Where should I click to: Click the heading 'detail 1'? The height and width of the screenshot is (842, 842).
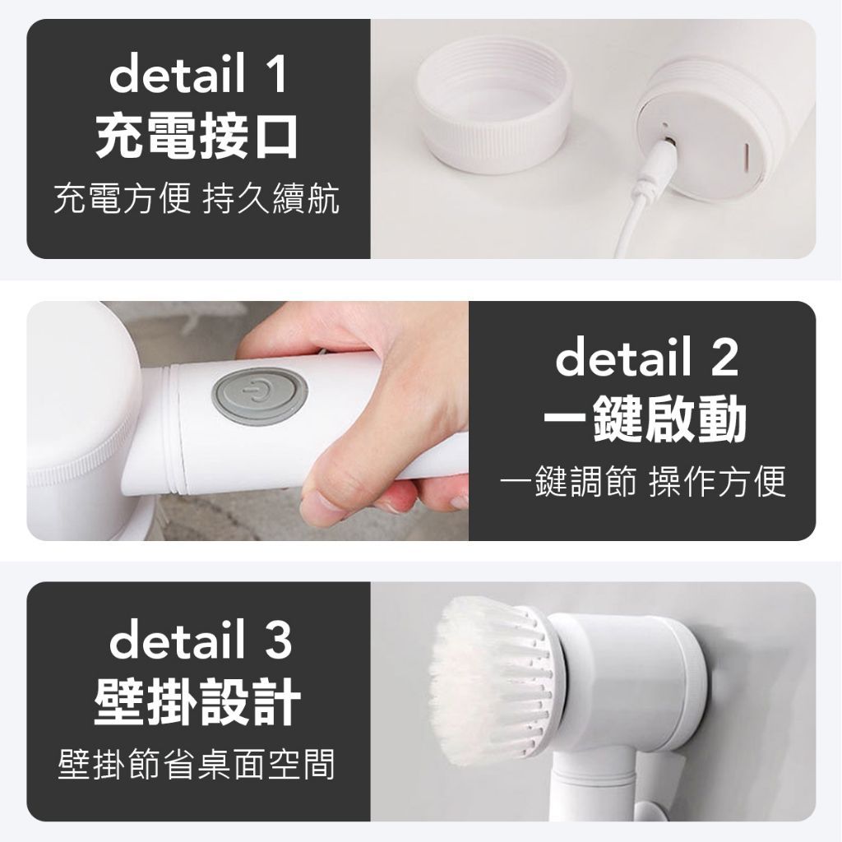[197, 73]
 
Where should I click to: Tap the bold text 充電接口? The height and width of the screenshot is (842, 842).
[197, 137]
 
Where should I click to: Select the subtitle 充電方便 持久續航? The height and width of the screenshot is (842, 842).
[197, 199]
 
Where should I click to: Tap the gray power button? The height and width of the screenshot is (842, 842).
[260, 396]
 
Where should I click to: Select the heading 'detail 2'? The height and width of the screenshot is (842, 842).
[646, 357]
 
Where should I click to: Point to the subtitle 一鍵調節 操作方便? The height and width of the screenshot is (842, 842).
[643, 480]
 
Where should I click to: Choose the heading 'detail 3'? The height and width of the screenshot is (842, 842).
[200, 638]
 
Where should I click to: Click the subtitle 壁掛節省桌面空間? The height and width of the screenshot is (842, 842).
[197, 763]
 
